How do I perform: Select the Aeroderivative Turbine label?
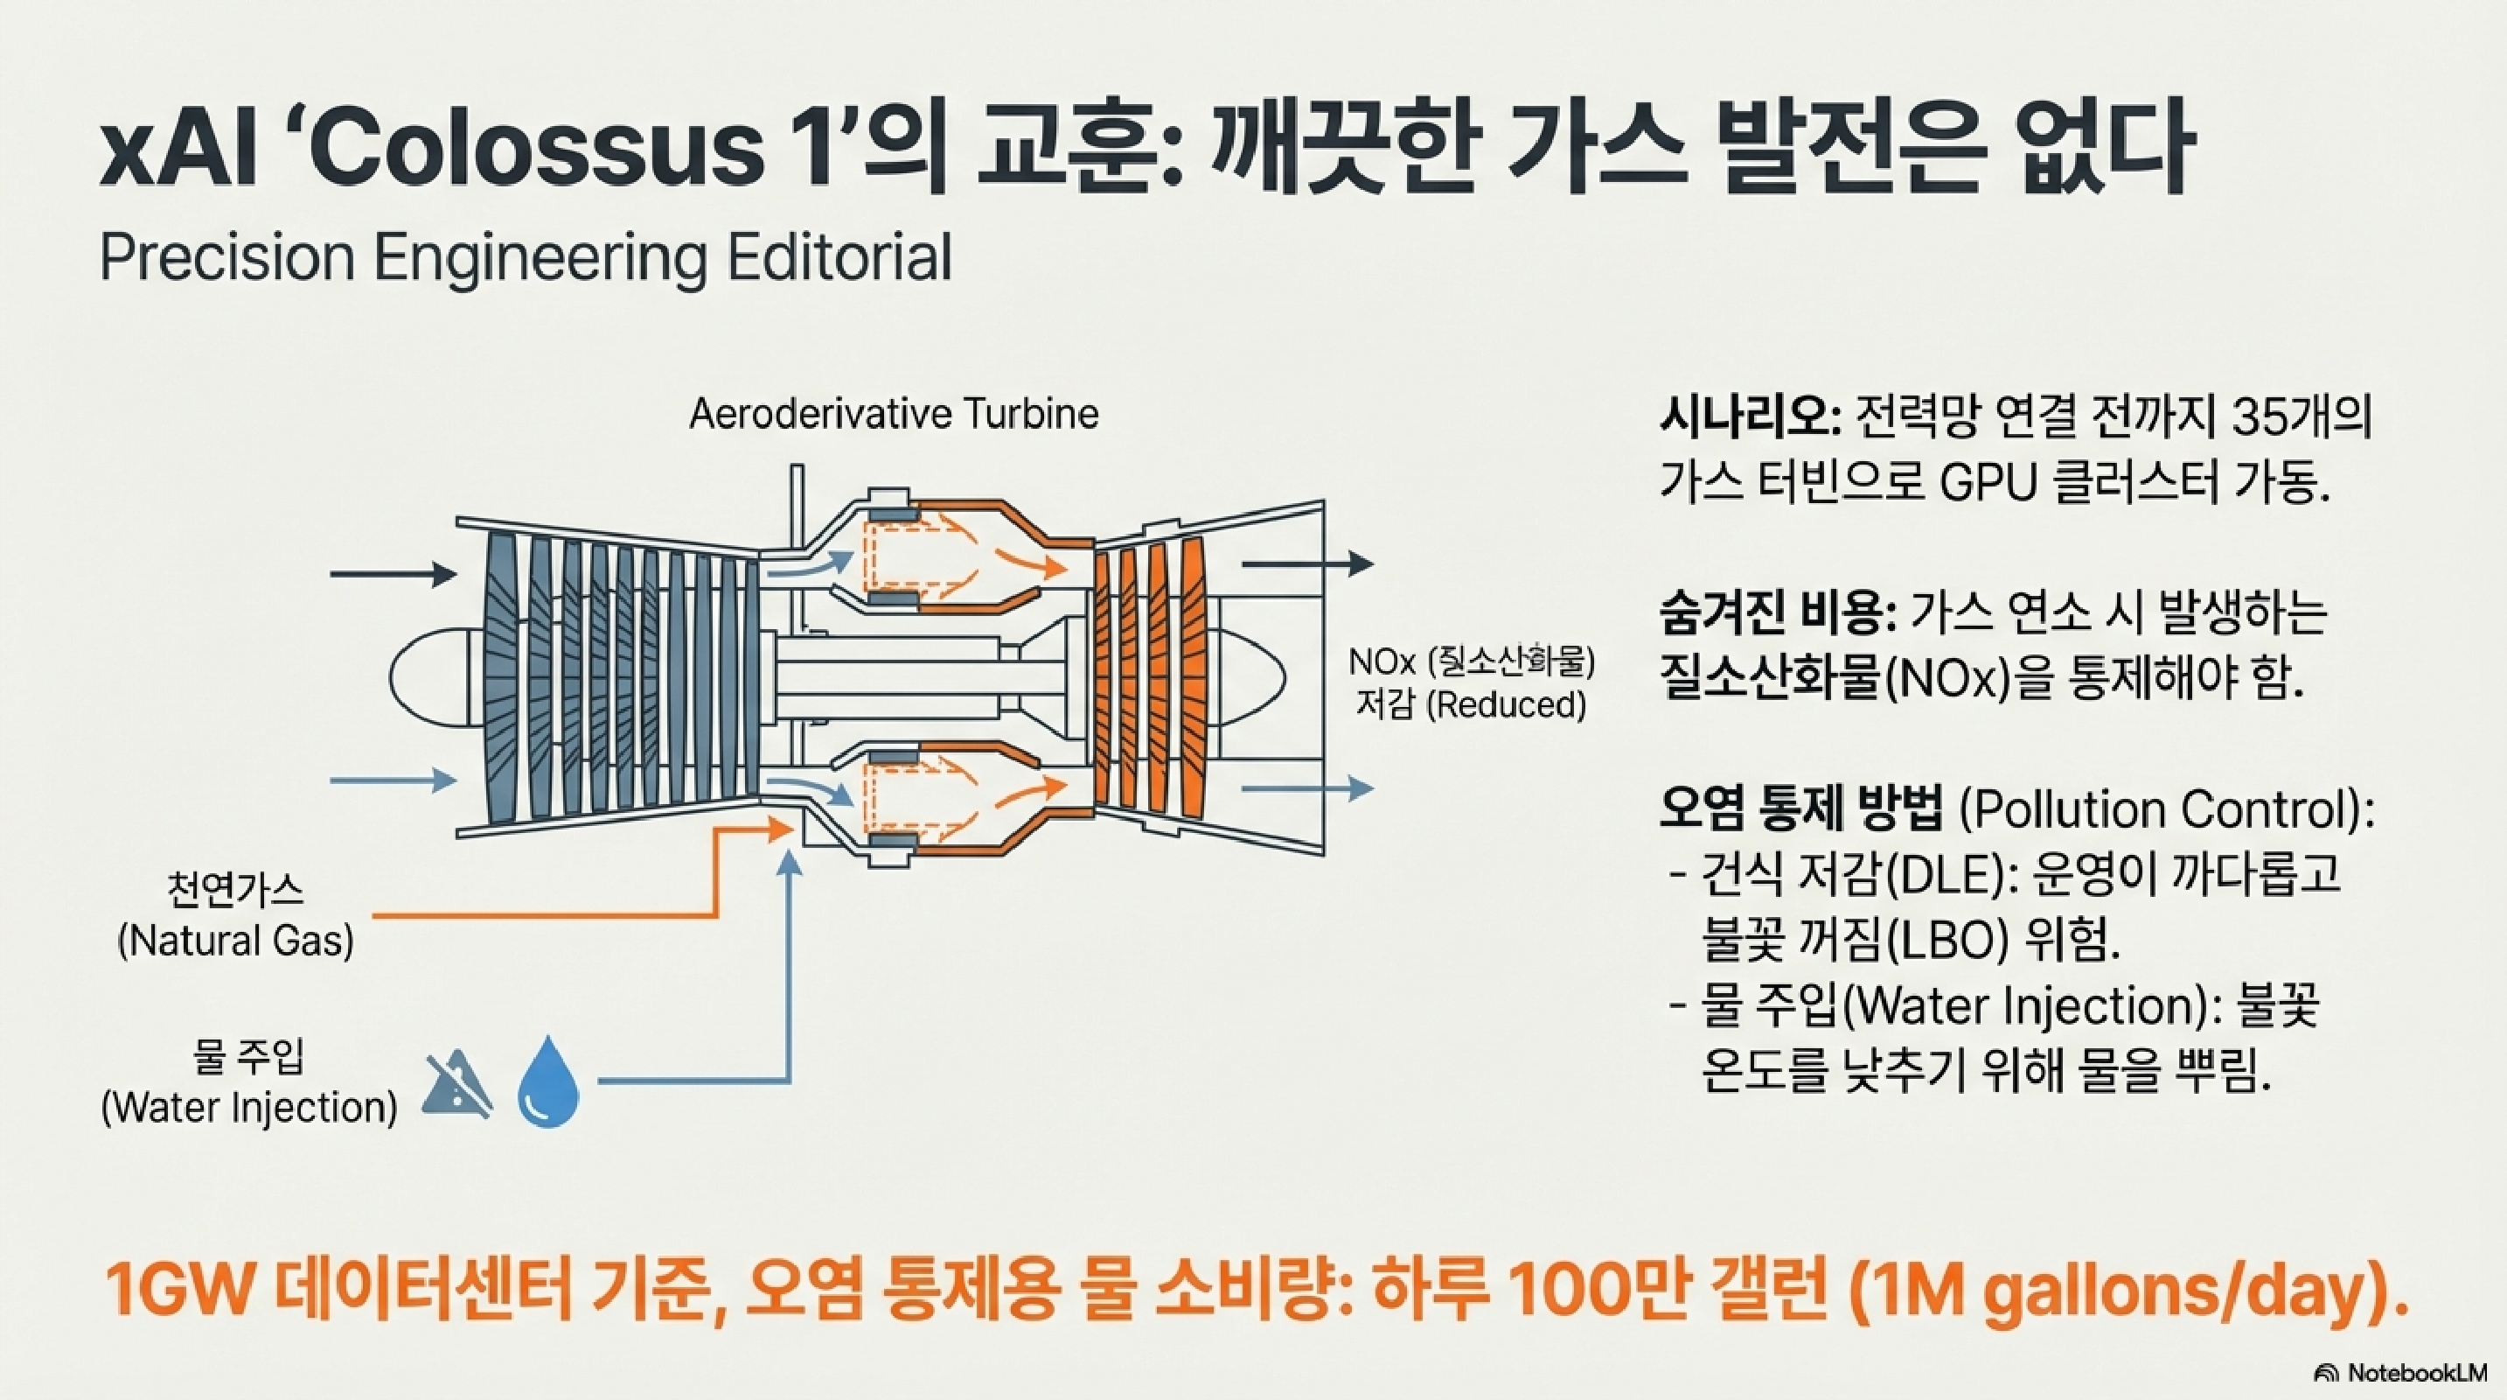[x=894, y=415]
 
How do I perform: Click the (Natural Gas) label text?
[x=235, y=941]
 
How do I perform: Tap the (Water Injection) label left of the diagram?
[x=249, y=1108]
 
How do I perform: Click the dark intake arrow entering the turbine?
[x=393, y=574]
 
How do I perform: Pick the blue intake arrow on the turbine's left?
[x=393, y=780]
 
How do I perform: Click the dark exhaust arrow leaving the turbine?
[x=1307, y=563]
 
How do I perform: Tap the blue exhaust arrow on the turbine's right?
[x=1307, y=788]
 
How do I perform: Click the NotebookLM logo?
[x=2413, y=1374]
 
